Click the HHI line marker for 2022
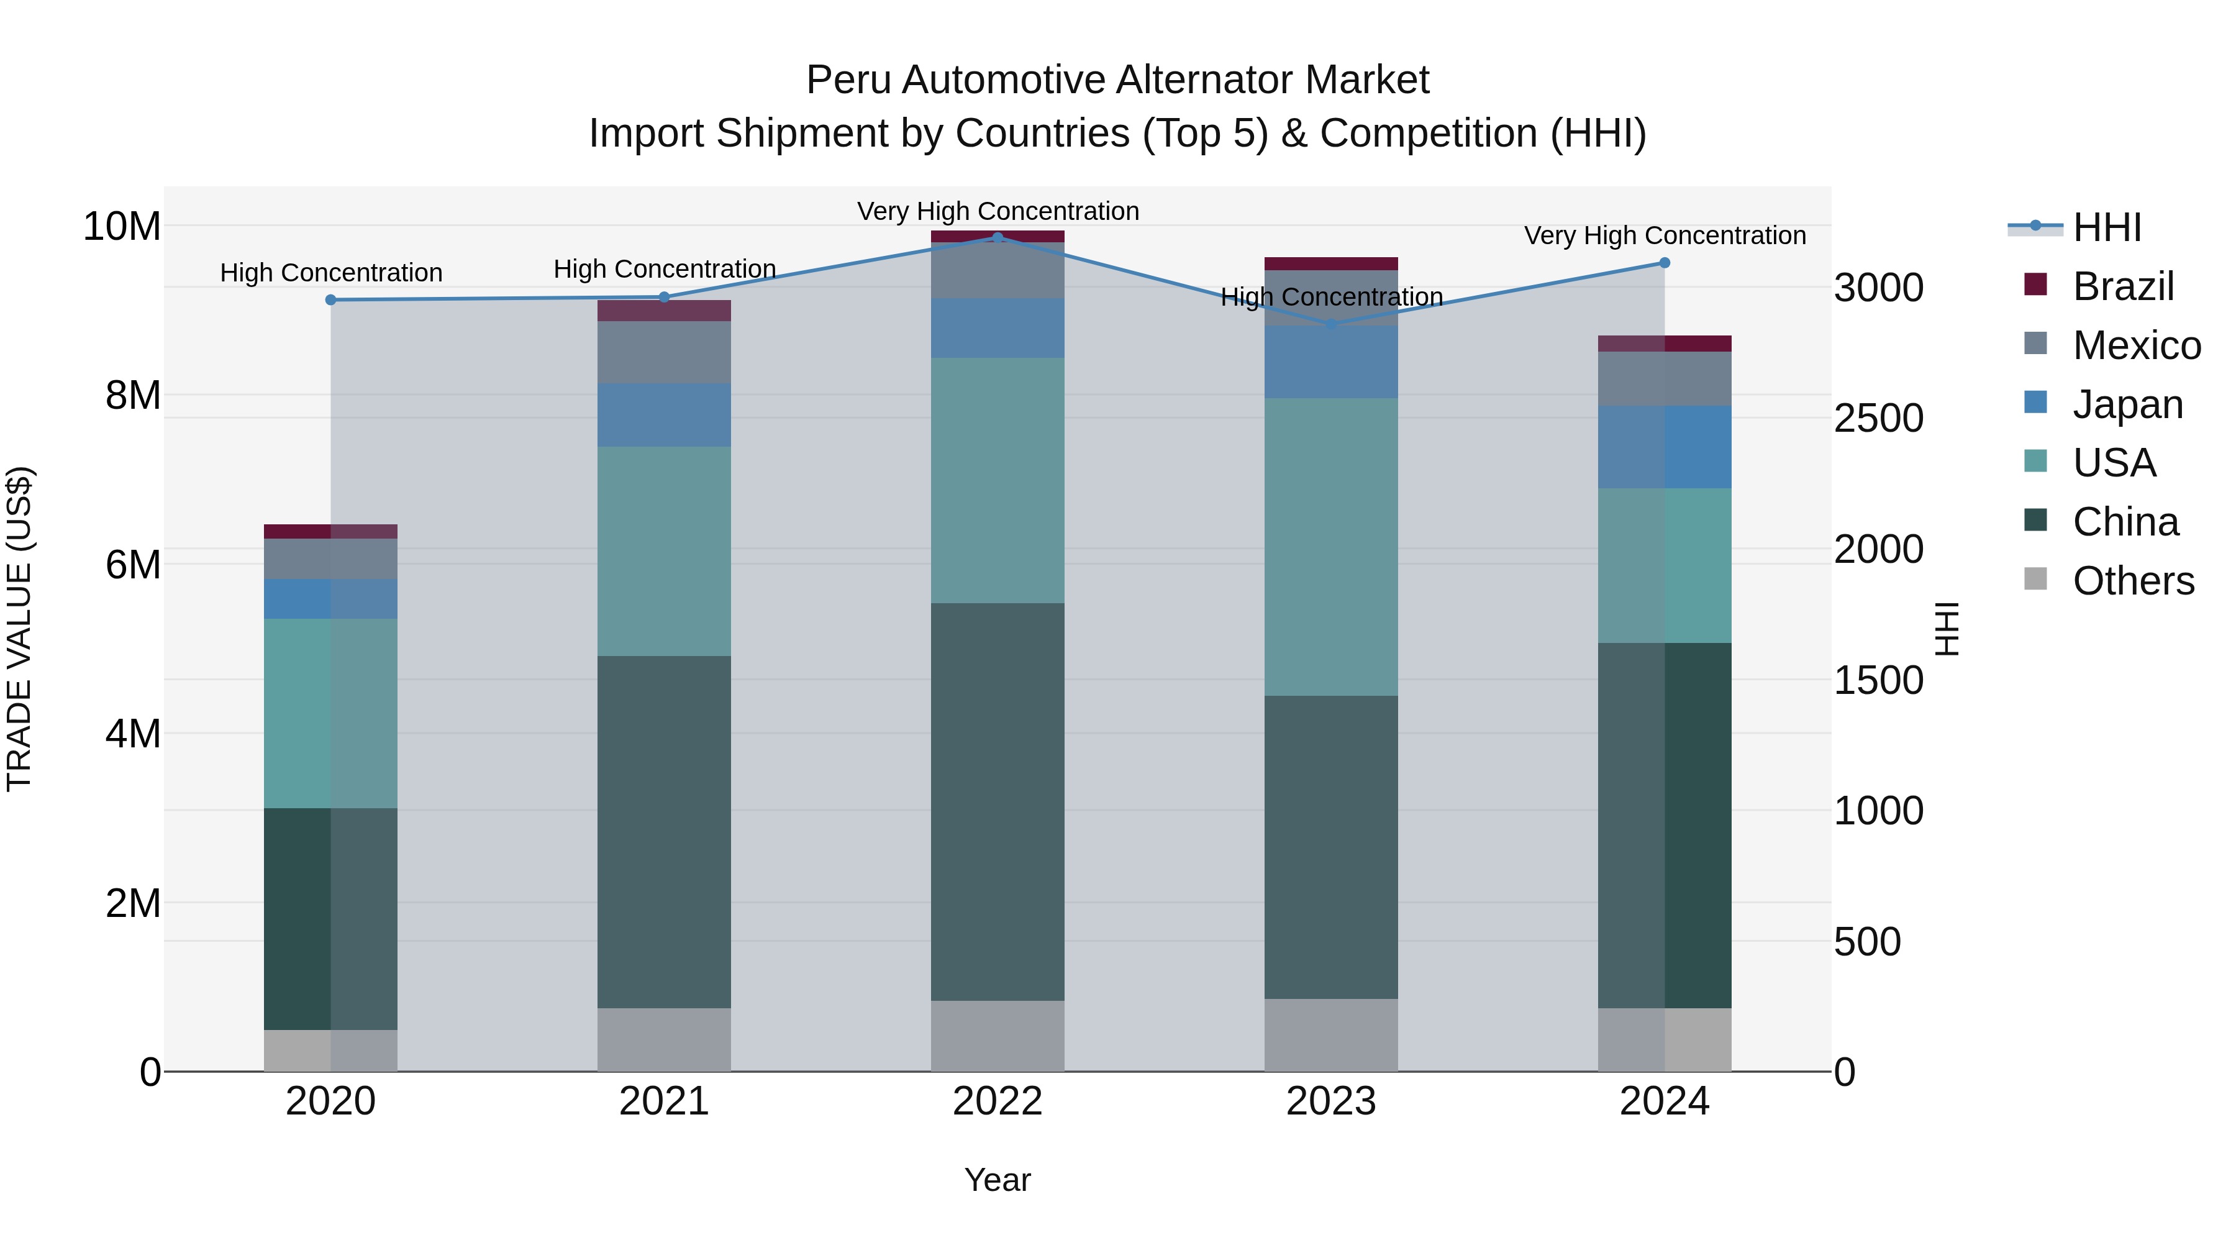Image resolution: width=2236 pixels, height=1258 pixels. (x=998, y=237)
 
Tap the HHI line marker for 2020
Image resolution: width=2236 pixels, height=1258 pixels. (x=330, y=299)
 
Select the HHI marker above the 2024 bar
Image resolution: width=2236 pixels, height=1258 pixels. (x=1664, y=262)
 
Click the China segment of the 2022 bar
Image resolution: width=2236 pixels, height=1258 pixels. (x=998, y=801)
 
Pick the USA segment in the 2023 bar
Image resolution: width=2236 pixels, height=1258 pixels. (x=1330, y=547)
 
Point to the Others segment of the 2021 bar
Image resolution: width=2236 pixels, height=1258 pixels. (x=664, y=1039)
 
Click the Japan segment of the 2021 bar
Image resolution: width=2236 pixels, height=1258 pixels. (x=664, y=415)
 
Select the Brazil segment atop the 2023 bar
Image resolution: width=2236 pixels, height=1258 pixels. (x=1330, y=264)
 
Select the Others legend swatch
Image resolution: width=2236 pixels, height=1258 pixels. (x=2035, y=579)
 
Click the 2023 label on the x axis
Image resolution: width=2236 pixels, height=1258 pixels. (x=1330, y=1101)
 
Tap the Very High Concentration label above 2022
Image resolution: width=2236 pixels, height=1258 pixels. (x=998, y=211)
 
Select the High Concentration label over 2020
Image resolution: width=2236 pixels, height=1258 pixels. (x=330, y=273)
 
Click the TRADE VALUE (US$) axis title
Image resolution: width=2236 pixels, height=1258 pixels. (x=20, y=629)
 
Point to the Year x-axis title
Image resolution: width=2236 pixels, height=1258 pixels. (x=998, y=1180)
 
